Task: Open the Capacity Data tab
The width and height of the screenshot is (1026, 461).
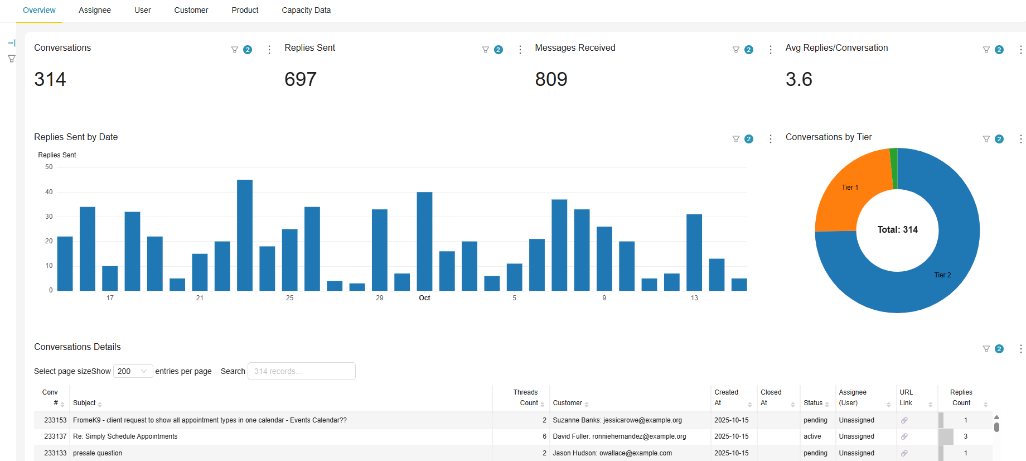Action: pos(306,10)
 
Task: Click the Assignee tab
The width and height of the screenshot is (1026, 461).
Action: pos(95,10)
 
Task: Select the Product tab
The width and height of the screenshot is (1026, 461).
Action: pos(245,10)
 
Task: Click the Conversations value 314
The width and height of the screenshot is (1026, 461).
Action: pos(50,79)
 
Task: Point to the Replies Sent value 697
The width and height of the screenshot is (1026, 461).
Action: pos(300,79)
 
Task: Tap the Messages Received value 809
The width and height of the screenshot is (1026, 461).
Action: pos(551,79)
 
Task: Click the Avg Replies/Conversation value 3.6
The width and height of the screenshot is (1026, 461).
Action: pos(798,79)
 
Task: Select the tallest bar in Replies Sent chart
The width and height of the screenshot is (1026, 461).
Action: pos(245,234)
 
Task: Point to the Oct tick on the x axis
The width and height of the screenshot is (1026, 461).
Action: pos(424,298)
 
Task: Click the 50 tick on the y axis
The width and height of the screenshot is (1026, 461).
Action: pos(49,167)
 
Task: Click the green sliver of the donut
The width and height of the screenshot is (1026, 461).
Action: pos(894,167)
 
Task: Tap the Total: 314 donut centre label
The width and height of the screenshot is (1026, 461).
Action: pos(897,229)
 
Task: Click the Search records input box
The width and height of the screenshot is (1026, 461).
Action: pos(301,371)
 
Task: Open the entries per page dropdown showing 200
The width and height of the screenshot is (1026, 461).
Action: pos(133,371)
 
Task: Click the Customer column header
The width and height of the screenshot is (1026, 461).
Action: pos(568,403)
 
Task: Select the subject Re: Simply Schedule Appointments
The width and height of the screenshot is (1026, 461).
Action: pos(125,436)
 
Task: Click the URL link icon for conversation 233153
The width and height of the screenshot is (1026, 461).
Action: pos(904,420)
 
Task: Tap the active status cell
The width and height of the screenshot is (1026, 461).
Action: pos(812,436)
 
